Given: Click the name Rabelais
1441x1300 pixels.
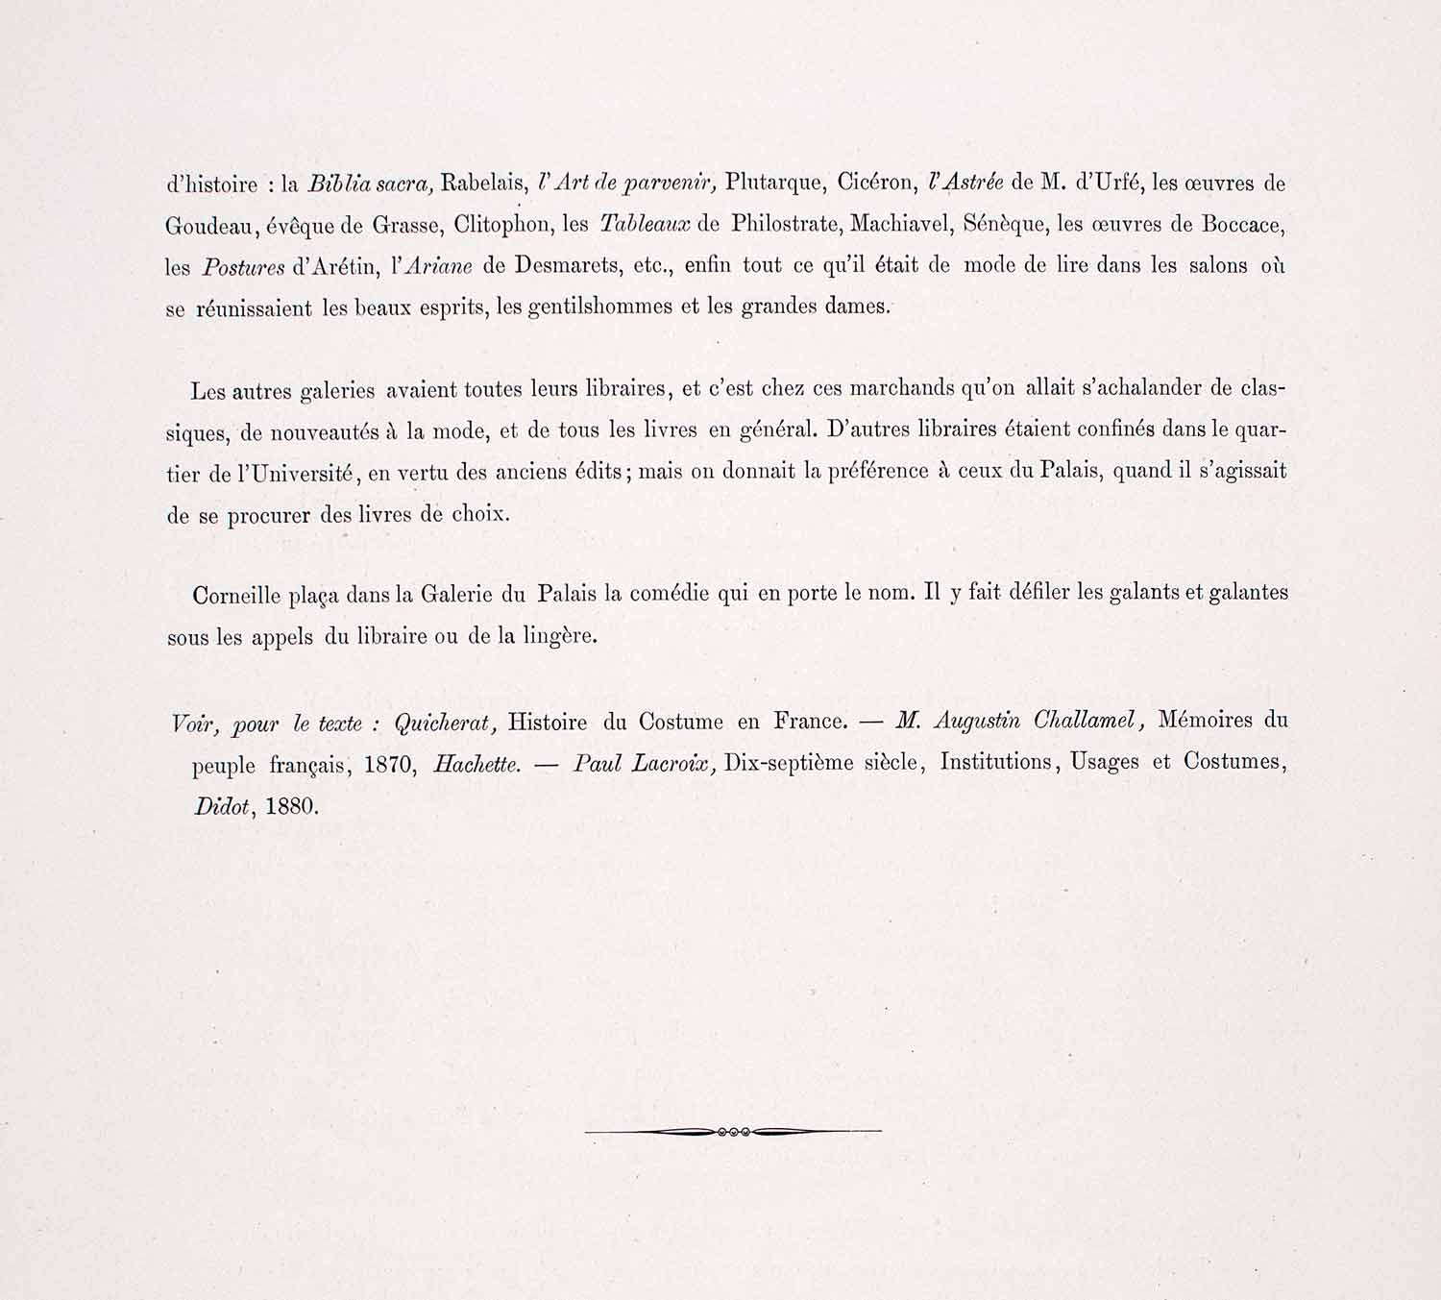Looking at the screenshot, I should pyautogui.click(x=478, y=183).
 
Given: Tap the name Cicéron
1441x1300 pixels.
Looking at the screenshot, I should pyautogui.click(x=873, y=183).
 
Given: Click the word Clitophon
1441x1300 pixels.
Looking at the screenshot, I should pyautogui.click(x=501, y=225).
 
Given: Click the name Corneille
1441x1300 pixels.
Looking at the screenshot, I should pyautogui.click(x=236, y=595).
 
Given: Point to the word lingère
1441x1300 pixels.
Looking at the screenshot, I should pyautogui.click(x=560, y=637).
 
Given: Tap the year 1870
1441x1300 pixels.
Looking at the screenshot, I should pyautogui.click(x=391, y=766).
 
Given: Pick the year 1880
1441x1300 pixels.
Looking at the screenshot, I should pyautogui.click(x=291, y=806).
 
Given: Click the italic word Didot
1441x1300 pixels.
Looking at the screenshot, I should pyautogui.click(x=224, y=806).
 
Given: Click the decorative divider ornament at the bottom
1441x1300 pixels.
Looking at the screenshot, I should pyautogui.click(x=733, y=1132).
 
